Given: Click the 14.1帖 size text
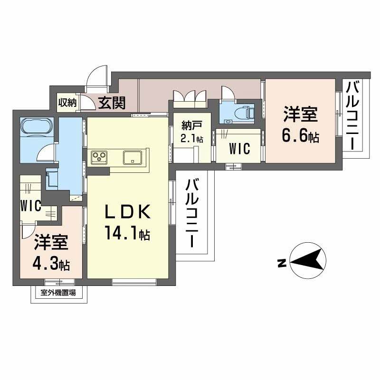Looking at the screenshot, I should [x=128, y=233].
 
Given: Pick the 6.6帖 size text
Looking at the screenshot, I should [x=300, y=136].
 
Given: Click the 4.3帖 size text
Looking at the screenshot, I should [x=51, y=265].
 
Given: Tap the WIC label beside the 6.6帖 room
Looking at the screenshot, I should [x=239, y=148].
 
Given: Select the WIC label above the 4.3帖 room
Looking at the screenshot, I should [x=30, y=206].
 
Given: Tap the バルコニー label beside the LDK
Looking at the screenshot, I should [x=192, y=212].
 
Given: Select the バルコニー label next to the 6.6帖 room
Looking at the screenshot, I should [x=352, y=115].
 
